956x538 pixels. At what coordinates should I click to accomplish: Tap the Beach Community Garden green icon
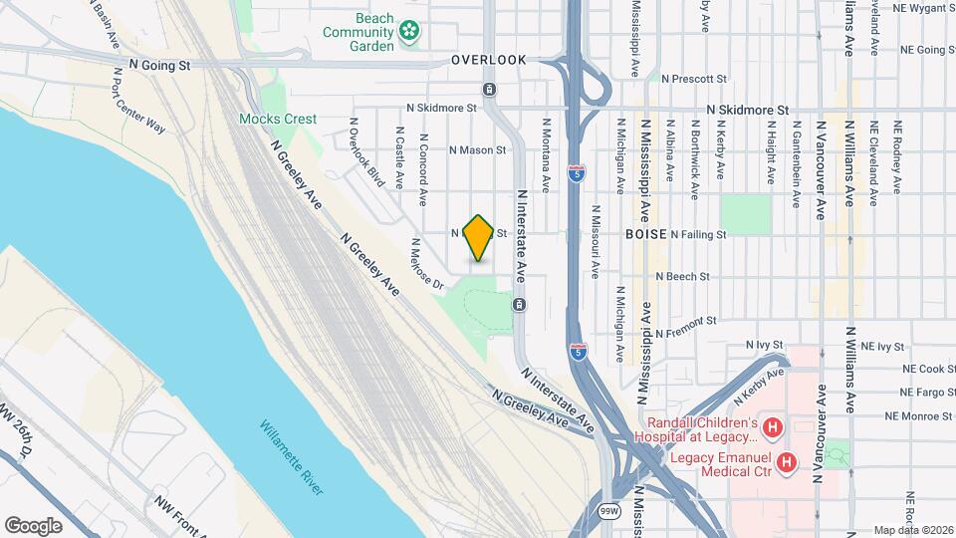point(408,33)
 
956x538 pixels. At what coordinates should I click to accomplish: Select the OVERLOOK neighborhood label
point(488,60)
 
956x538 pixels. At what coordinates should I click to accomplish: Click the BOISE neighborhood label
point(645,233)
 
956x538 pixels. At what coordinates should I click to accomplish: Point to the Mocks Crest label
point(278,119)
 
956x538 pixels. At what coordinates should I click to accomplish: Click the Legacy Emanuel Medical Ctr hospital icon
point(787,462)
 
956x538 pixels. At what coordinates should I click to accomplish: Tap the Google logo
point(34,525)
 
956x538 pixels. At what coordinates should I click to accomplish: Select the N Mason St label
point(478,150)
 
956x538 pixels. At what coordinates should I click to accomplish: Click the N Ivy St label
point(765,345)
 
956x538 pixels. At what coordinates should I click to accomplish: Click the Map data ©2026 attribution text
point(912,530)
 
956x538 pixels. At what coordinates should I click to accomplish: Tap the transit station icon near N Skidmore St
point(490,90)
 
